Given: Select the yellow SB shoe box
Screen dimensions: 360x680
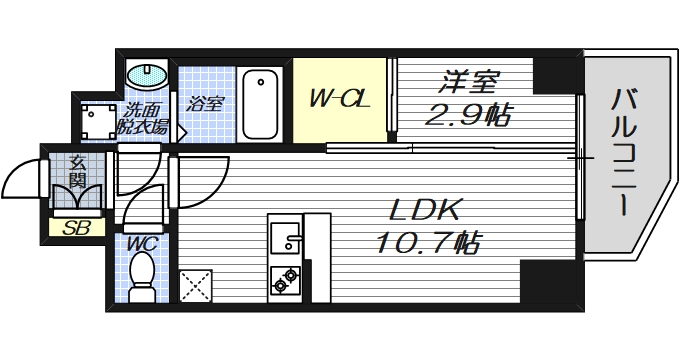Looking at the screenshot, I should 77,227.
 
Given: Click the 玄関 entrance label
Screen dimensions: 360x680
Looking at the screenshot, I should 77,171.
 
